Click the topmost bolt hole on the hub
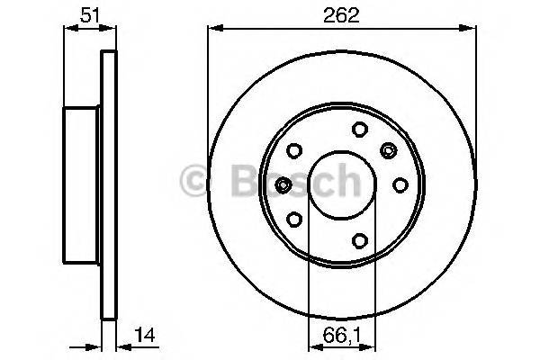[x=357, y=128]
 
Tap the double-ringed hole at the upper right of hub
[x=389, y=148]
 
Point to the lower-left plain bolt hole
[x=292, y=218]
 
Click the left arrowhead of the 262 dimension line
[x=212, y=27]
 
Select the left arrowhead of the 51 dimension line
[x=66, y=27]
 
